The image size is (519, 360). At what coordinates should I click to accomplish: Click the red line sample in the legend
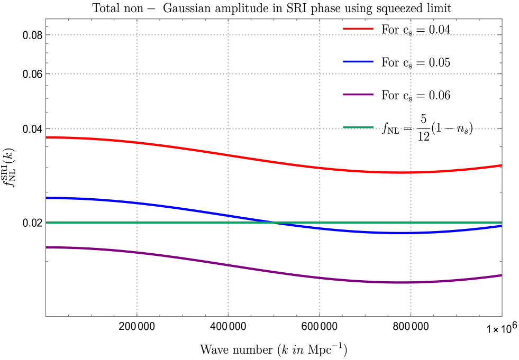358,28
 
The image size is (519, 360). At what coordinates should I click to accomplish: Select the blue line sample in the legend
358,61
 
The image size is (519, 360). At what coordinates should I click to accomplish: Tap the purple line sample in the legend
358,94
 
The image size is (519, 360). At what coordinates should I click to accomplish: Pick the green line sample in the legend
358,127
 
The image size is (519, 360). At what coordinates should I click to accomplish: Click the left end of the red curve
47,137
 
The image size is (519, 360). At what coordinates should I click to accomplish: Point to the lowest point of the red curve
399,172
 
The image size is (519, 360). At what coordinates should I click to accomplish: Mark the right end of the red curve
502,165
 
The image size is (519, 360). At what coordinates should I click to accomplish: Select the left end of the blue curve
47,198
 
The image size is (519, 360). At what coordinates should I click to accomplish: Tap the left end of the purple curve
47,247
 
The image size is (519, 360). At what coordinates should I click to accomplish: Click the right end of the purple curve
502,275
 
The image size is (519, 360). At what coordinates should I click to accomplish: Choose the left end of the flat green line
47,223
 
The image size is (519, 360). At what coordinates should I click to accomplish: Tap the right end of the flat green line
502,223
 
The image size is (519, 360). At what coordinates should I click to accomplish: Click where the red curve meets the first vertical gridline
137,142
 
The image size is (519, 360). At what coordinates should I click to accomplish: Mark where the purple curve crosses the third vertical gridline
320,278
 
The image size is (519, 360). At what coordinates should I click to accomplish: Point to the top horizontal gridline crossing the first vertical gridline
137,35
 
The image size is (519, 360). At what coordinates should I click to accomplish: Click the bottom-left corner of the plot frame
46,316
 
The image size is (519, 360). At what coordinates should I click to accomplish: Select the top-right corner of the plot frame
502,20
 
